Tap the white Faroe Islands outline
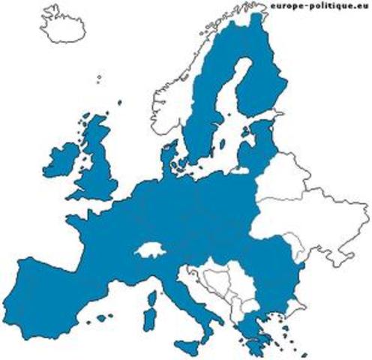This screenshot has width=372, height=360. pos(100,76)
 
